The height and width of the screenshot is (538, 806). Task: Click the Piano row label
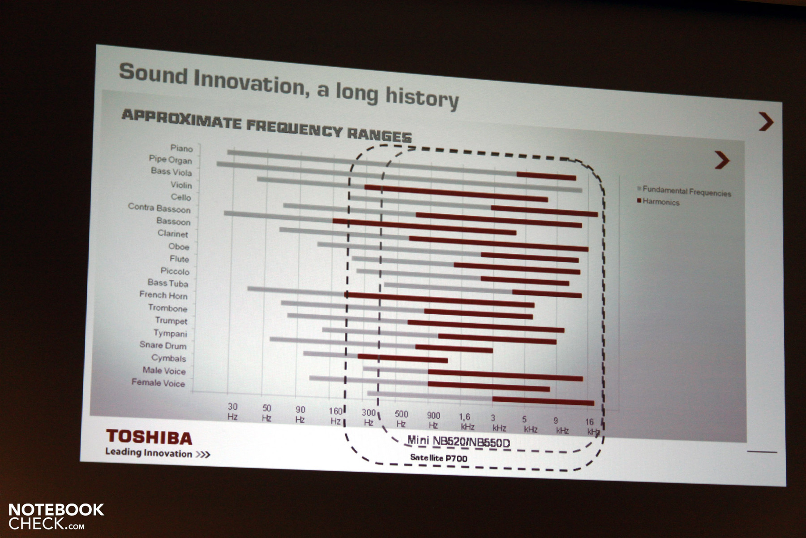click(x=181, y=148)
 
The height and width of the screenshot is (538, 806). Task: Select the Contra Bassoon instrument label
click(x=159, y=208)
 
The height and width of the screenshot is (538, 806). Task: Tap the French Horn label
click(x=163, y=295)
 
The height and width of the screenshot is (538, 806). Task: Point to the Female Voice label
click(x=158, y=382)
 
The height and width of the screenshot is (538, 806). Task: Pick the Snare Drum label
click(x=163, y=345)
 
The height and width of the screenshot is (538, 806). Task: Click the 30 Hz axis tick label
click(x=232, y=412)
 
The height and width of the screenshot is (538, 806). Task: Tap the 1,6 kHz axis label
click(x=466, y=421)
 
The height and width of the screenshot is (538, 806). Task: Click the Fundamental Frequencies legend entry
click(x=684, y=191)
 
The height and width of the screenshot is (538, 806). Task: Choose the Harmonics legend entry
click(x=658, y=202)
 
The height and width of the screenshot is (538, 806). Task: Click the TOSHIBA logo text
click(x=149, y=437)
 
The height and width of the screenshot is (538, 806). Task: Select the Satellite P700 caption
click(x=439, y=458)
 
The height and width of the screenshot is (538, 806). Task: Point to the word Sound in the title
click(x=153, y=74)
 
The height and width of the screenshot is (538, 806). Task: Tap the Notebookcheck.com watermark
click(x=56, y=516)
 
